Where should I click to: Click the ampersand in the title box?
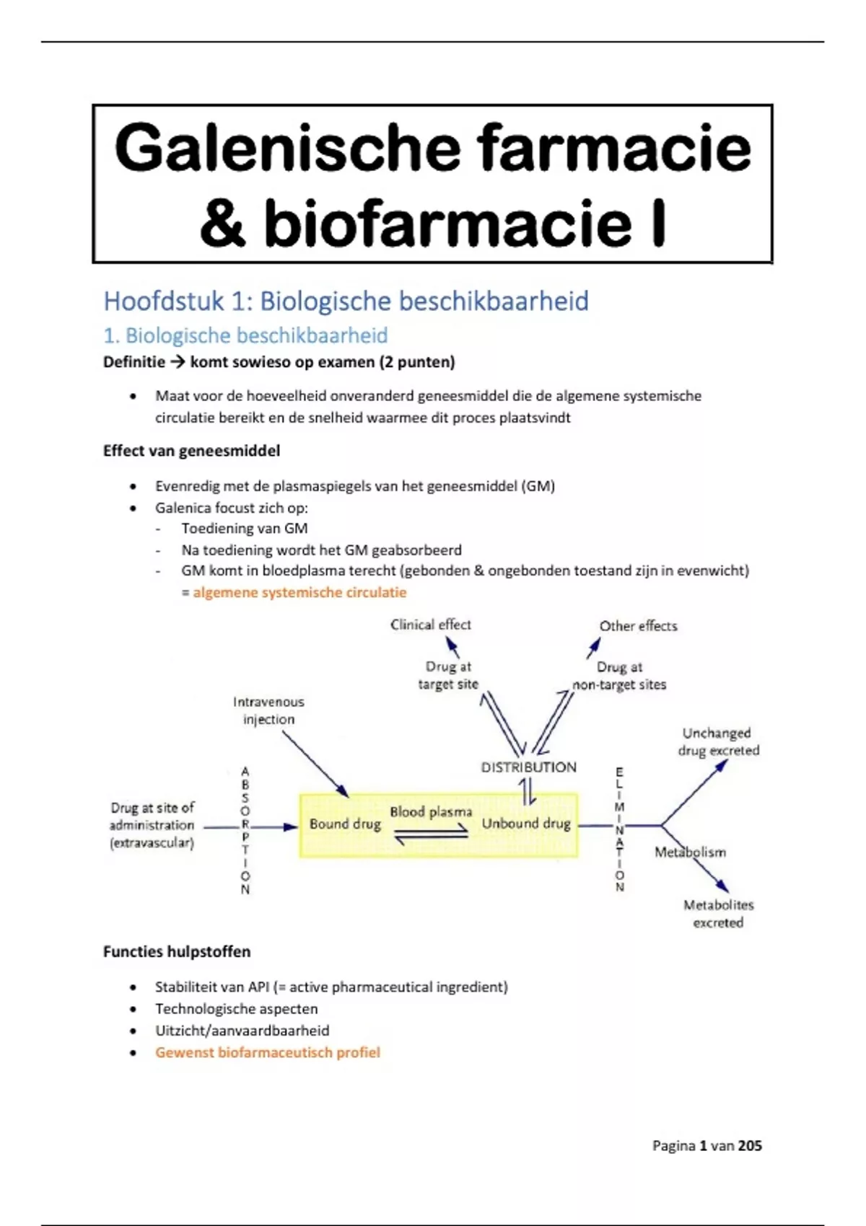click(222, 224)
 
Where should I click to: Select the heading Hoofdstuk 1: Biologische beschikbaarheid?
click(346, 301)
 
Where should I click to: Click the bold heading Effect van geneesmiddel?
click(191, 451)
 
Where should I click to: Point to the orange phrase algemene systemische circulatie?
click(299, 592)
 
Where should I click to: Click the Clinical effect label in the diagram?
click(430, 625)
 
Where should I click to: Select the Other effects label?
click(638, 626)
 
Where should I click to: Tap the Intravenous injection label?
click(268, 710)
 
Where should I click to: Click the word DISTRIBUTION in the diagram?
click(528, 767)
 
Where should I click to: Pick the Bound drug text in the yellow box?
click(345, 824)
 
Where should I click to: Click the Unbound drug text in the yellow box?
click(526, 824)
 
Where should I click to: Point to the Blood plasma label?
click(431, 812)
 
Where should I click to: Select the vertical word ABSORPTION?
click(245, 830)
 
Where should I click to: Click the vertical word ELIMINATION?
click(619, 829)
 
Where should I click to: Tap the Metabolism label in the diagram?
click(690, 852)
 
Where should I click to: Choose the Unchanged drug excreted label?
click(718, 741)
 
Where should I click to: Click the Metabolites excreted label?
click(718, 914)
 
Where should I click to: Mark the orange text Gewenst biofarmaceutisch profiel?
click(267, 1052)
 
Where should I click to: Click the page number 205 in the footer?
click(749, 1146)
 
